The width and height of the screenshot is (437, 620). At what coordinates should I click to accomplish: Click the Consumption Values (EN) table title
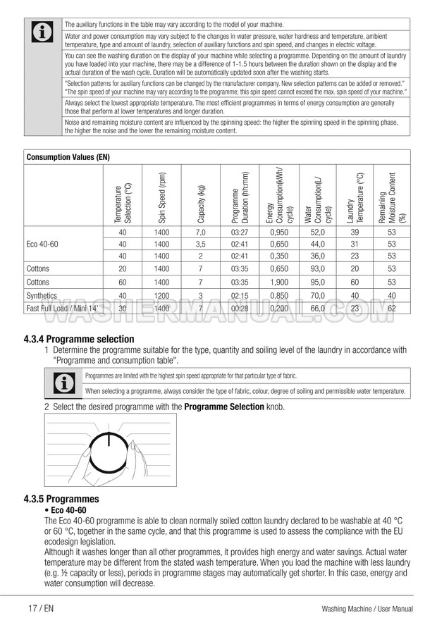tap(68, 157)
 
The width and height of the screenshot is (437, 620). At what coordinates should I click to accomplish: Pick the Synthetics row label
tap(42, 295)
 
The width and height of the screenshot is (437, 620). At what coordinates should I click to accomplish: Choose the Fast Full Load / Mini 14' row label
tap(62, 308)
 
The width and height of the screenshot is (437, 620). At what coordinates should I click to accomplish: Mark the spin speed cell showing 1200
tap(162, 295)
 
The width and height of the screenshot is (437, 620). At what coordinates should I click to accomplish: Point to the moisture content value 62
tap(392, 308)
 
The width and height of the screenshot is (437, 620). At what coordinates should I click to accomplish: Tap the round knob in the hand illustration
tap(110, 449)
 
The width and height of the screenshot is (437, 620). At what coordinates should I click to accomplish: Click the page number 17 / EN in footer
tap(41, 608)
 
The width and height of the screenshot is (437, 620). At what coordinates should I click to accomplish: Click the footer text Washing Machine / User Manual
tap(367, 608)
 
